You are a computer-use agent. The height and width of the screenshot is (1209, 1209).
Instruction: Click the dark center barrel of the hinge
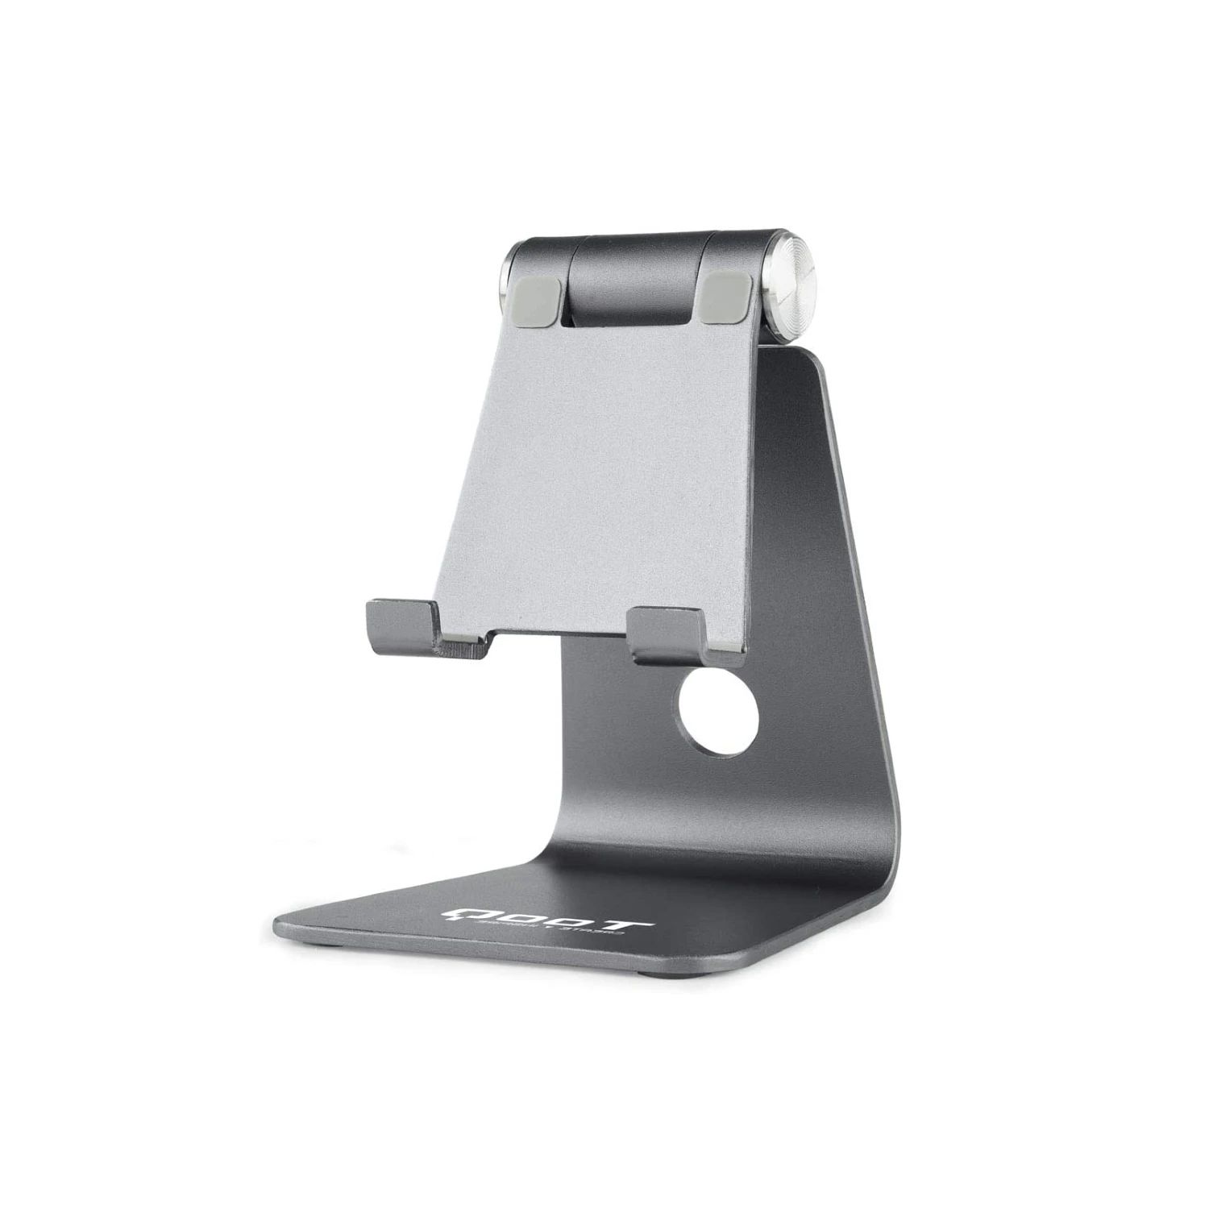[x=637, y=274]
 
